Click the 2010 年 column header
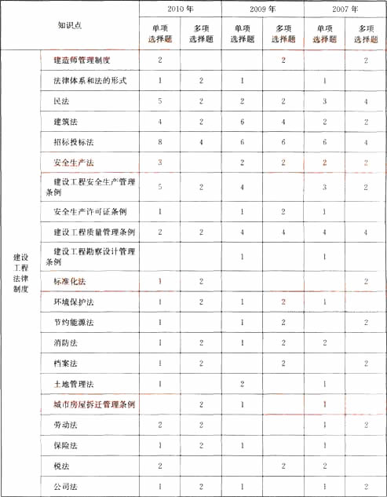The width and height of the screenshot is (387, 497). [181, 10]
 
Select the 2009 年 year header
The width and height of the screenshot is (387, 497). [262, 10]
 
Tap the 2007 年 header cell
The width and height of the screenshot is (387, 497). [344, 10]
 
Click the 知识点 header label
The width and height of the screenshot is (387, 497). [69, 25]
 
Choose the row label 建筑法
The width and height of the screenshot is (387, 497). [65, 122]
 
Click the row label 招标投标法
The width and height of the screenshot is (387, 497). [73, 142]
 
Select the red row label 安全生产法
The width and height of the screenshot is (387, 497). [73, 162]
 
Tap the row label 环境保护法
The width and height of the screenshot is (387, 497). [73, 302]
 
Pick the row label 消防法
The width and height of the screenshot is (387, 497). [65, 343]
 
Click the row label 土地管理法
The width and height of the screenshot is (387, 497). [73, 384]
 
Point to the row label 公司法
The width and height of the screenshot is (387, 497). [65, 487]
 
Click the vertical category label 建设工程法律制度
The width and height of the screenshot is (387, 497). [20, 272]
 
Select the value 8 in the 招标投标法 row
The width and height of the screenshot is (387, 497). [160, 142]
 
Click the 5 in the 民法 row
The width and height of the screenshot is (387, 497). [160, 101]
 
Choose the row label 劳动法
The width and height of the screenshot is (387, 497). [65, 425]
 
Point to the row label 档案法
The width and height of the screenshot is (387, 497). [65, 364]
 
